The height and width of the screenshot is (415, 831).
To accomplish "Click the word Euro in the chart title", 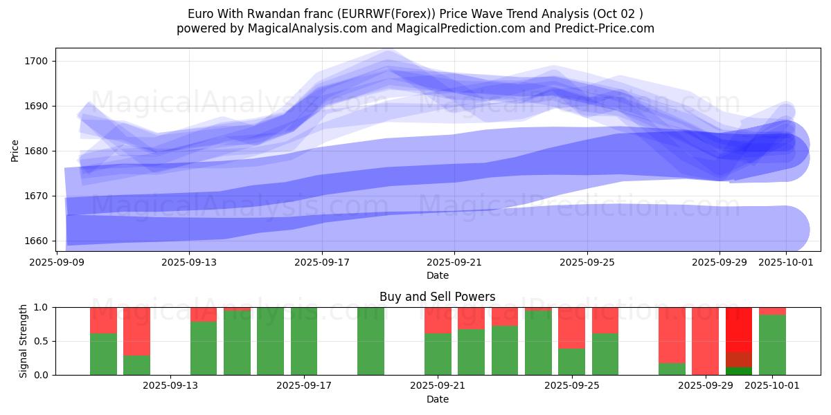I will click(200, 14).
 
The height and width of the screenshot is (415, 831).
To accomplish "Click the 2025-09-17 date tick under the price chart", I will click(322, 263).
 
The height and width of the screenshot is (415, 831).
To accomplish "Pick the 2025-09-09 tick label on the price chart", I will click(57, 263).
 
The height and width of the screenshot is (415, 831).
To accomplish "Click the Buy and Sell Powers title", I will click(437, 297).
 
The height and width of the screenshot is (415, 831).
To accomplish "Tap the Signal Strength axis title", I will click(24, 340).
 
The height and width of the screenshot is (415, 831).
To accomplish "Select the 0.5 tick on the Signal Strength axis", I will click(41, 341).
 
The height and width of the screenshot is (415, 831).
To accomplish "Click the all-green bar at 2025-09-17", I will click(304, 340).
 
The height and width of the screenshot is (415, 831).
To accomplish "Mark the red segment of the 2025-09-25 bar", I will click(571, 327).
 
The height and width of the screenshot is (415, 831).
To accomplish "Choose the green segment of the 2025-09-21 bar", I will click(438, 354).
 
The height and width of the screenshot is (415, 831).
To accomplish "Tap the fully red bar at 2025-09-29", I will click(705, 340).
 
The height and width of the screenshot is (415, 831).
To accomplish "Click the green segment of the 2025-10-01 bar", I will click(772, 344).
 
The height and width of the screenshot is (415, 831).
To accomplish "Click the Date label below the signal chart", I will click(437, 399).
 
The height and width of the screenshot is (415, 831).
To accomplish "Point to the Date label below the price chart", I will click(437, 275).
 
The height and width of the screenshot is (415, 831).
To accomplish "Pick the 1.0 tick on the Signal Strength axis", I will click(41, 307).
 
